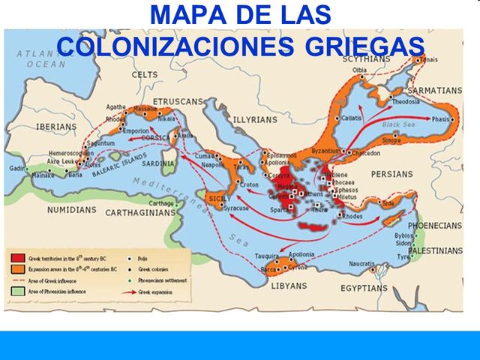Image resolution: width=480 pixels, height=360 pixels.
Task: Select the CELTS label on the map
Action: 145,74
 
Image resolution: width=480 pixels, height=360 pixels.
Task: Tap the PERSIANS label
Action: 391,174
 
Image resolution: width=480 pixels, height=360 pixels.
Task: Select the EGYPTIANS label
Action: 364,288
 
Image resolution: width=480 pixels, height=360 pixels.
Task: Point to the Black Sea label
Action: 398,124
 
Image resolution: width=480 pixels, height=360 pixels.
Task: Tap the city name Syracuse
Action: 238,207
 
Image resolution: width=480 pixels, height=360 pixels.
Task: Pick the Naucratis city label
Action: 362,264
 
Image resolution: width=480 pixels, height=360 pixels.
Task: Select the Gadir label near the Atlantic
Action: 17,169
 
